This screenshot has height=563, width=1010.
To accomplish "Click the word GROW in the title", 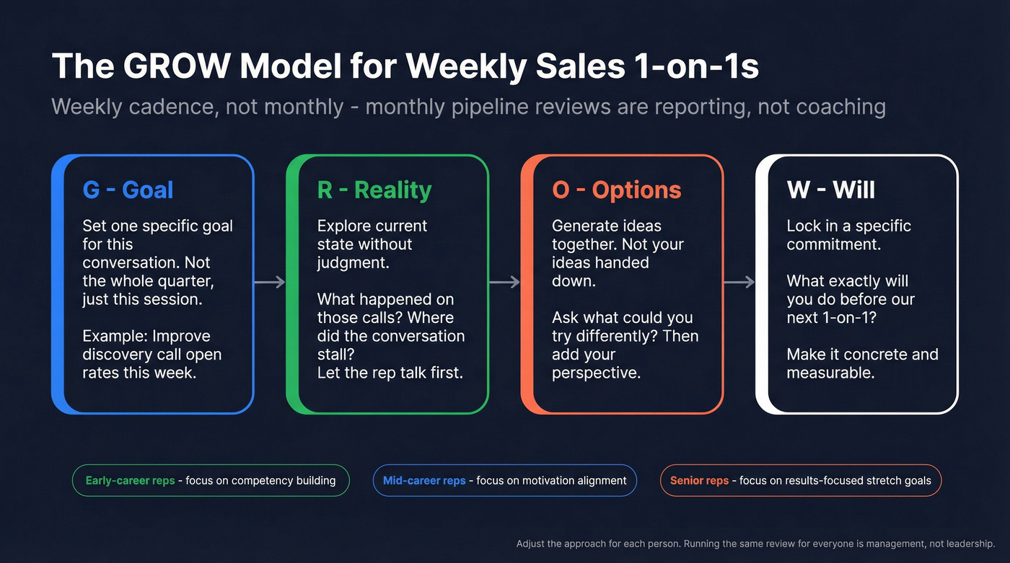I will pos(175,66).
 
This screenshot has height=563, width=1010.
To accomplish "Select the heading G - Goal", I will pos(128,190).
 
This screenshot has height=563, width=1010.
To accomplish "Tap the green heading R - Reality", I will pos(374,190).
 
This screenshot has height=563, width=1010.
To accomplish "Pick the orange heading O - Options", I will pos(616,190).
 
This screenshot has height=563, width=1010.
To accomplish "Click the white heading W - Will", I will pos(830,190).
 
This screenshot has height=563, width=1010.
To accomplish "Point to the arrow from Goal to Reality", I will pos(270,282).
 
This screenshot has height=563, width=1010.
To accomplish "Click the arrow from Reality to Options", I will pos(504,282).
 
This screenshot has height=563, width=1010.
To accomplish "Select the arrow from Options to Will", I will pos(739,282).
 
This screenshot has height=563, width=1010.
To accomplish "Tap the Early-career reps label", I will pos(130,481).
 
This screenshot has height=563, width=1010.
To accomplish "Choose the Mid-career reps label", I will pos(424,481).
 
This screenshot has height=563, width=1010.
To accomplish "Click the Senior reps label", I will pos(699,481).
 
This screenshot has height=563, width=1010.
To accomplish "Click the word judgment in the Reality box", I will pos(352,263).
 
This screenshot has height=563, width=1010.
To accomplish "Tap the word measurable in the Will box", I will pos(830,373).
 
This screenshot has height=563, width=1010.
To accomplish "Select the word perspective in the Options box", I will pos(596,373).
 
